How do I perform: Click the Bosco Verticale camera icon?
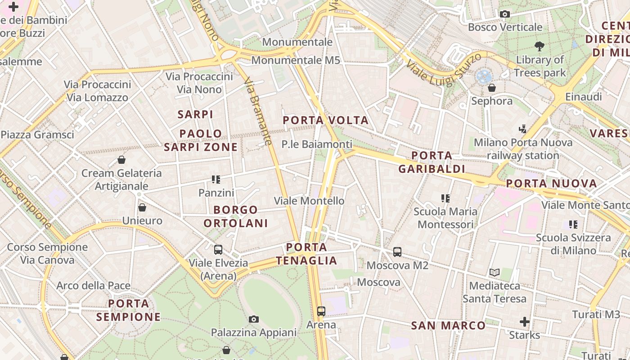click(x=504, y=14)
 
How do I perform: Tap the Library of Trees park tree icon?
click(x=540, y=46)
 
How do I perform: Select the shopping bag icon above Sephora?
click(x=492, y=88)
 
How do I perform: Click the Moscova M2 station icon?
click(x=397, y=252)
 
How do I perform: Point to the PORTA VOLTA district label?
click(x=326, y=120)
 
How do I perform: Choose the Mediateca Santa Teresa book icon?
click(x=495, y=272)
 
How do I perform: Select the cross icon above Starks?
click(x=524, y=322)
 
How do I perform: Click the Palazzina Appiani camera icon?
click(x=254, y=319)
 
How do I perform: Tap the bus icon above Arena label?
click(x=321, y=311)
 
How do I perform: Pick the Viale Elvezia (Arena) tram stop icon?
click(x=218, y=250)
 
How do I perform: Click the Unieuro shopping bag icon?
click(x=142, y=207)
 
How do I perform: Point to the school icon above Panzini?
click(x=216, y=180)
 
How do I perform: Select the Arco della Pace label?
click(x=93, y=285)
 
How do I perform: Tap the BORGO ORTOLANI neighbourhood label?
click(x=235, y=216)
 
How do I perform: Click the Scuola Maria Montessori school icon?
click(x=445, y=198)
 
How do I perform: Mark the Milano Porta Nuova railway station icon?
click(x=522, y=130)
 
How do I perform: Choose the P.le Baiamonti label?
click(x=317, y=144)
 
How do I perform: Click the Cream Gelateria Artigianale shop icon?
click(x=121, y=160)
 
